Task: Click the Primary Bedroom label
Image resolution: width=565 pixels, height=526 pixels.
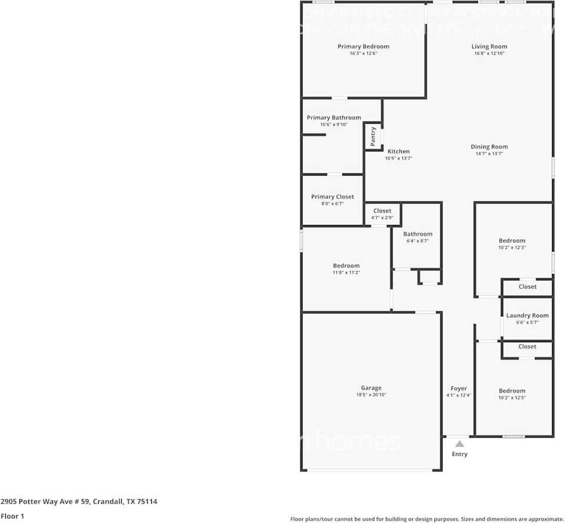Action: tap(363, 47)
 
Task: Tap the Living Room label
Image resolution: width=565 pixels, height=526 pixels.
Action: tap(489, 47)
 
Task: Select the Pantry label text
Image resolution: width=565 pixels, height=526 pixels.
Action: tap(373, 137)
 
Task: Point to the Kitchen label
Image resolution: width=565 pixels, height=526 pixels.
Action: tap(398, 151)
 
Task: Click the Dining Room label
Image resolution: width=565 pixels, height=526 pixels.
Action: tap(489, 147)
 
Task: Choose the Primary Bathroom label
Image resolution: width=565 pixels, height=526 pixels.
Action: tap(334, 118)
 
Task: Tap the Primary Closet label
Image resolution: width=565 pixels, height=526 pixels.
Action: tap(333, 197)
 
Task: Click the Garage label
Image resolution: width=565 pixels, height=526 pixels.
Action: tap(371, 388)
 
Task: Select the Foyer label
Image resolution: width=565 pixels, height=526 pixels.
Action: tap(459, 389)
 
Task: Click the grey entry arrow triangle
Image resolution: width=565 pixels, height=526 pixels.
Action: tap(459, 444)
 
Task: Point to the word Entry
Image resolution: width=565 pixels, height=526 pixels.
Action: tap(460, 454)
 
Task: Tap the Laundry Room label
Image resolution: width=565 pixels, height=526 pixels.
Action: tap(527, 316)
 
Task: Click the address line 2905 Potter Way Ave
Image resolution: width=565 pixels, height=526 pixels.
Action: tap(79, 502)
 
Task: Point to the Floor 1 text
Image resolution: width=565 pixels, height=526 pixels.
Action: tap(13, 516)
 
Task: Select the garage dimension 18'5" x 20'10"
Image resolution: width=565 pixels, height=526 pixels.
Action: tap(371, 395)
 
